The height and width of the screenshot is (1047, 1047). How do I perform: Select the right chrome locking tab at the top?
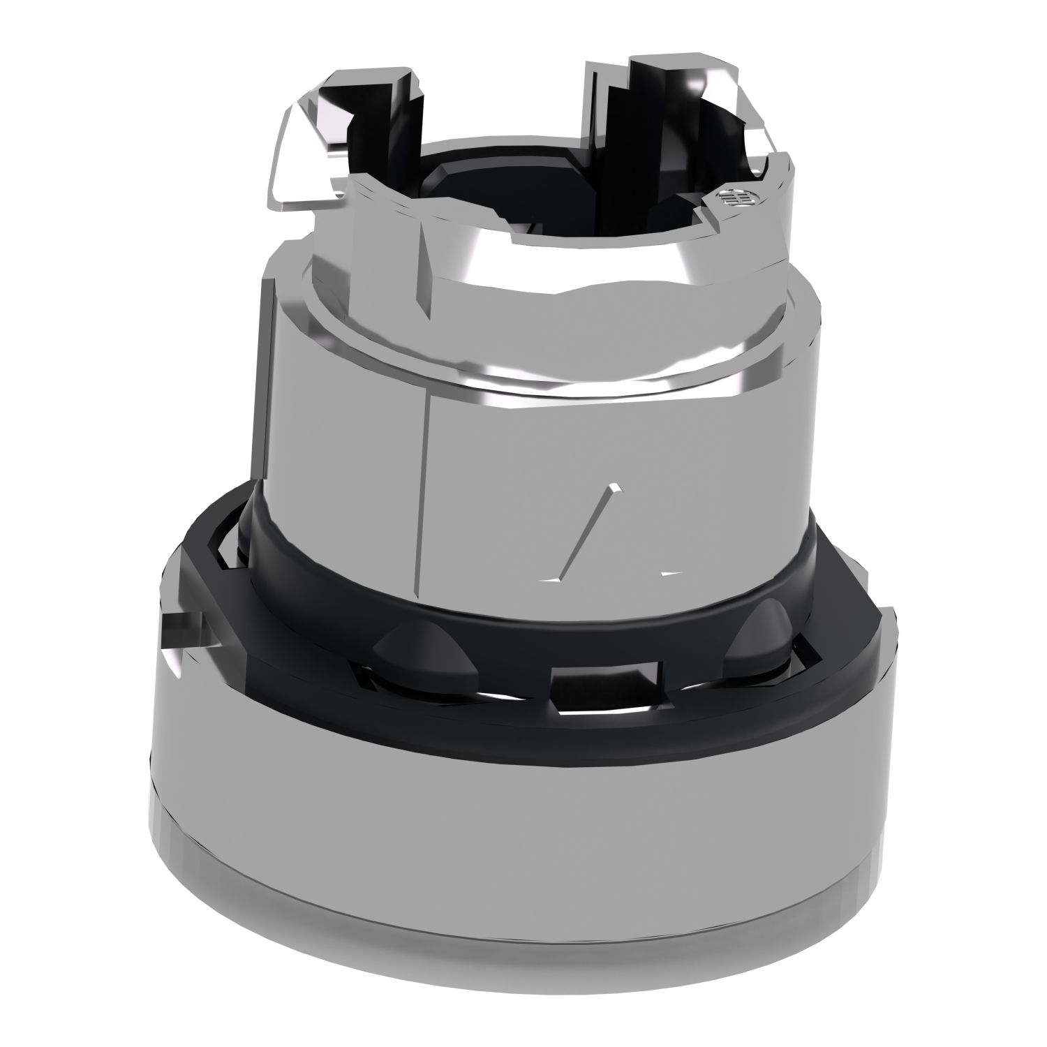click(x=705, y=119)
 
